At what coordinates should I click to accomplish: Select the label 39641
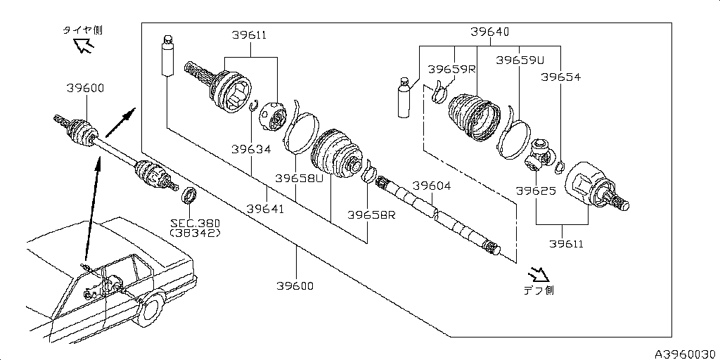pos(266,209)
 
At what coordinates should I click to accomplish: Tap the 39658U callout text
pos(299,178)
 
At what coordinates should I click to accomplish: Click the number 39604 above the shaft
pos(431,186)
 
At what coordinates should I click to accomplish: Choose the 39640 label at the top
pos(490,32)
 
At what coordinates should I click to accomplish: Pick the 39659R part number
pos(451,70)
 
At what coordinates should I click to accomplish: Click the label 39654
pos(560,77)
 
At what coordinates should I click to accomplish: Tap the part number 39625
pos(536,191)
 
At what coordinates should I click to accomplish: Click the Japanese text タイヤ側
pos(82,30)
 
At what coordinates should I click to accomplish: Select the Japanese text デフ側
pos(538,290)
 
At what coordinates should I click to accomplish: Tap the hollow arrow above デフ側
pos(539,273)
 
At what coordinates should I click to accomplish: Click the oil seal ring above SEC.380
pos(189,195)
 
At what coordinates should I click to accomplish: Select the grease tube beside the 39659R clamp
pos(404,98)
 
